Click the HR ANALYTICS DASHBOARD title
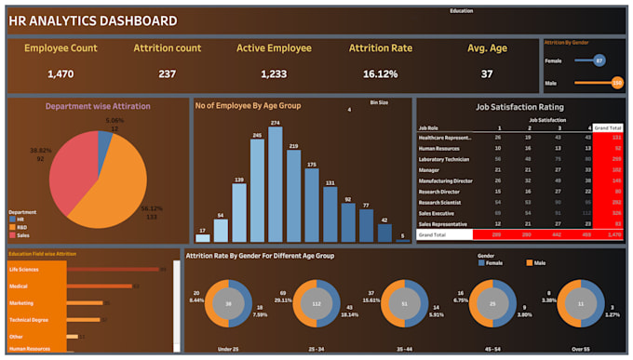click(x=92, y=20)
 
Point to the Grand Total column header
click(x=608, y=127)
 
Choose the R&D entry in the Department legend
click(x=20, y=226)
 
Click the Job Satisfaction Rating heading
click(x=519, y=108)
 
